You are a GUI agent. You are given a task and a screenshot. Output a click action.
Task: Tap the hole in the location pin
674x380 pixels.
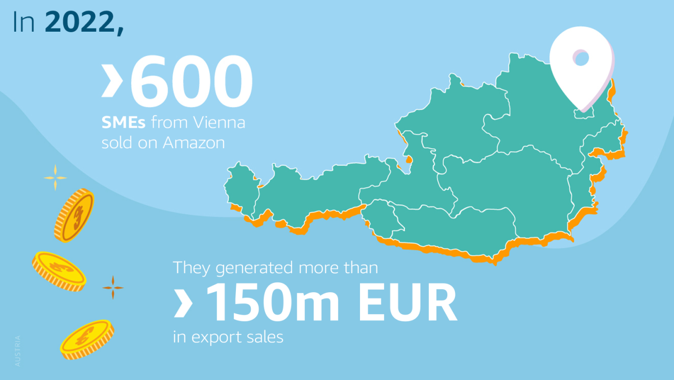point(581,58)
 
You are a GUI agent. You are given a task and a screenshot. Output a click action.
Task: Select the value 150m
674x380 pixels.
point(275,304)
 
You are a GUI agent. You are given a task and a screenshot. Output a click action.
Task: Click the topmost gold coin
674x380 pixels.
point(74,215)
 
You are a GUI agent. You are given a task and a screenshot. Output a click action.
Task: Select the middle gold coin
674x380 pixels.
point(59,271)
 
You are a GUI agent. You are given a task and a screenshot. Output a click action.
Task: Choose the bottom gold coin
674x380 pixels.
point(86,339)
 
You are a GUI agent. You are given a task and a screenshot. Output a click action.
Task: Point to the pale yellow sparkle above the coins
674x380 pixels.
point(55,178)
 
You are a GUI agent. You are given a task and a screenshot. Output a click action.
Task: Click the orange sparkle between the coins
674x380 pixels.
point(113,288)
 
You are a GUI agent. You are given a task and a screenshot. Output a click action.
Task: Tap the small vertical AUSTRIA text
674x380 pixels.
point(18,350)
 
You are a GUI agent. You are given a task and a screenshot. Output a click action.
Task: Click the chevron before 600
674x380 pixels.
point(111,80)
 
